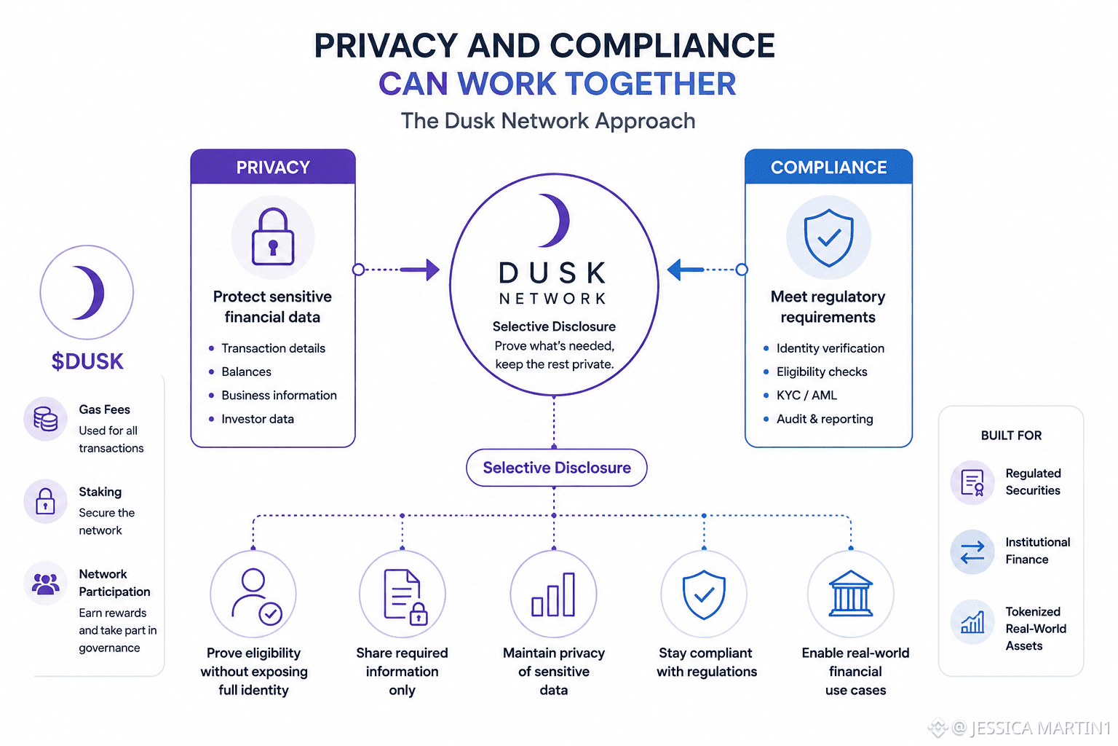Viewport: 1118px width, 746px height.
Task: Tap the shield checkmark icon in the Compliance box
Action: [x=828, y=237]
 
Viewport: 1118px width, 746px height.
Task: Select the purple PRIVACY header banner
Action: [x=273, y=166]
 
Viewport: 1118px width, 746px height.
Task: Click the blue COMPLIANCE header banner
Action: [x=828, y=166]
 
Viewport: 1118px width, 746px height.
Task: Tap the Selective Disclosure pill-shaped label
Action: [x=557, y=468]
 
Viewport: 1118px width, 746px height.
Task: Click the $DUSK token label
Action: [x=87, y=361]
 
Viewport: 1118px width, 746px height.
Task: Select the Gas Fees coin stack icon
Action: [x=45, y=419]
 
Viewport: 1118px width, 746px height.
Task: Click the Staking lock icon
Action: [x=45, y=501]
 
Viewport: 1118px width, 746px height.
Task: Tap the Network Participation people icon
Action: [x=45, y=584]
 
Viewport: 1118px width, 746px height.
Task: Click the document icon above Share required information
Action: [x=405, y=597]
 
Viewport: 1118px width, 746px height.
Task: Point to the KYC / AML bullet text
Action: [x=806, y=396]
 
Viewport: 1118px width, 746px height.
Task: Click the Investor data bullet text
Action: [x=258, y=419]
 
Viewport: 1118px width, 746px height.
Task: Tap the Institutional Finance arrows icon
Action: [x=972, y=551]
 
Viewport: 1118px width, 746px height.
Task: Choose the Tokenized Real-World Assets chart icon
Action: [x=972, y=622]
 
